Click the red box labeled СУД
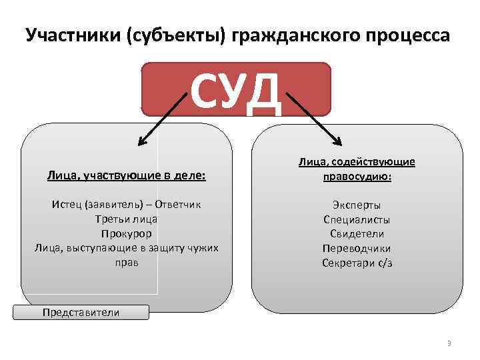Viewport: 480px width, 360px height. tap(237, 89)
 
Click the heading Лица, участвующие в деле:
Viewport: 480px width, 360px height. tap(127, 177)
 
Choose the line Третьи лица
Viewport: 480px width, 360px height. tap(127, 219)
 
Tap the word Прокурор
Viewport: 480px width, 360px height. tap(127, 233)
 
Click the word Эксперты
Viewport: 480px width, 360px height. tap(357, 205)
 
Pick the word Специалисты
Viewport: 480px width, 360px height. tap(357, 219)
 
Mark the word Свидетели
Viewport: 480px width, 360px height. tap(357, 233)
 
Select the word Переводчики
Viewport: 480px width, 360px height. tap(357, 248)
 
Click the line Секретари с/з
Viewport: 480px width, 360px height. tap(357, 263)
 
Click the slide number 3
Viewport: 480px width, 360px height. tap(449, 344)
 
